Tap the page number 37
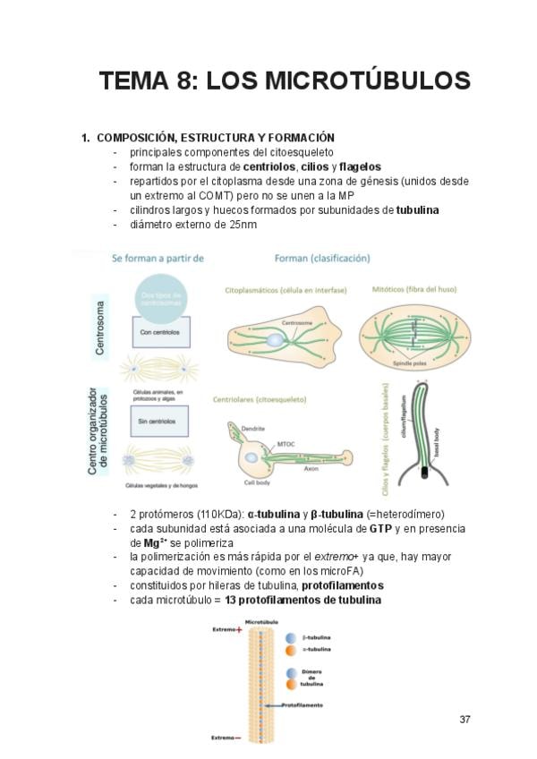(465, 720)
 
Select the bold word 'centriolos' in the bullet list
(273, 166)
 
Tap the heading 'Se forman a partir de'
(158, 259)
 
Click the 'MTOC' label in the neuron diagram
(286, 443)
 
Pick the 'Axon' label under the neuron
(311, 468)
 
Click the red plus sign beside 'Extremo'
(240, 629)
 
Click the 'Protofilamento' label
(302, 704)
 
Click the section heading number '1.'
(86, 138)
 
